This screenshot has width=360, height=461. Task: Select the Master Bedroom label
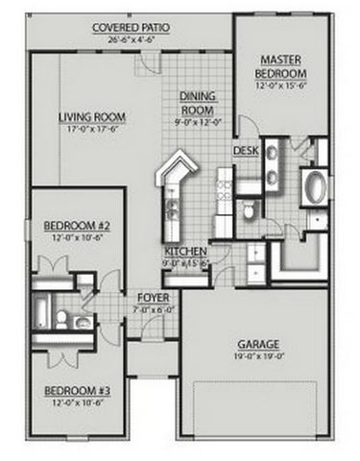pos(280,66)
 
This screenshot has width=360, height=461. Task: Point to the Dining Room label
pos(198,102)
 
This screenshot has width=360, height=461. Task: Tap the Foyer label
pos(154,297)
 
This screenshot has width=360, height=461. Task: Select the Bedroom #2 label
pos(78,227)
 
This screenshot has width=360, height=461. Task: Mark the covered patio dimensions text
pos(132,40)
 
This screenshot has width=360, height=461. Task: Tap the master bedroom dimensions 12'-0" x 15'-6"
pos(280,85)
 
